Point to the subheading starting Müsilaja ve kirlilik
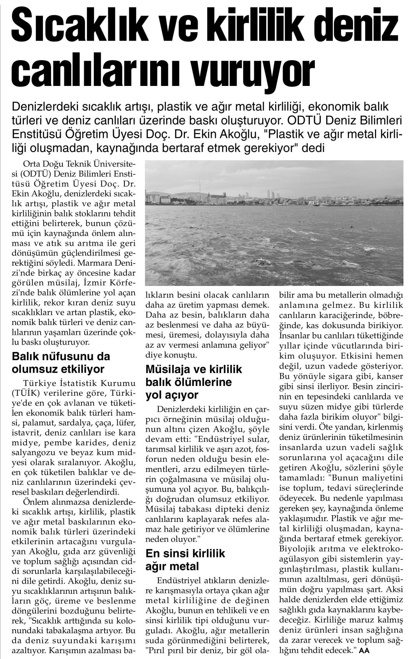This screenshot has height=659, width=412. (194, 369)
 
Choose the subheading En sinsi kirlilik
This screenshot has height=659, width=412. (185, 554)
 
